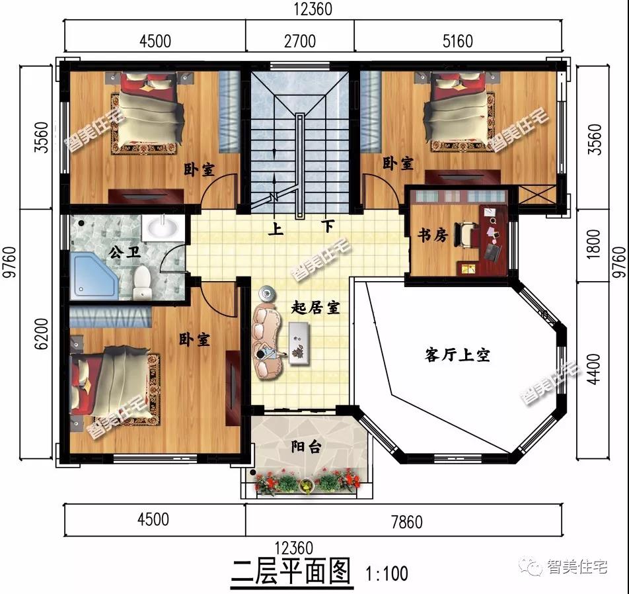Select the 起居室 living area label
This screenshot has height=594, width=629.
[316, 308]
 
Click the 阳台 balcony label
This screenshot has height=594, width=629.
[306, 447]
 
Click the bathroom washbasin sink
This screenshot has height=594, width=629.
[162, 228]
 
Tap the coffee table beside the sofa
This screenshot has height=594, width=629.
[299, 343]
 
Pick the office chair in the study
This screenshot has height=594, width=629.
[468, 234]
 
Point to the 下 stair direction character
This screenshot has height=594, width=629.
[328, 227]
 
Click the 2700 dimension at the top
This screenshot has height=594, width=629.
[299, 41]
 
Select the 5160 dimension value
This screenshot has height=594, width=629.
[457, 41]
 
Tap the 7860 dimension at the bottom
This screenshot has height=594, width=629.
[406, 521]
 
